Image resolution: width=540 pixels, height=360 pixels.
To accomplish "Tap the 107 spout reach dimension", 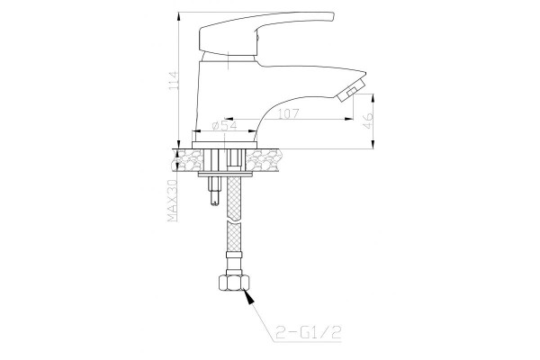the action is pos(288,113).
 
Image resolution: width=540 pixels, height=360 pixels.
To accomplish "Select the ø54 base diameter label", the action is pos(224,125).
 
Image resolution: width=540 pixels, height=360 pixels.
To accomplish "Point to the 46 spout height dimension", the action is pos(368,121).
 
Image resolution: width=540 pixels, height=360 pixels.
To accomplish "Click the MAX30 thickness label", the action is pos(172,202).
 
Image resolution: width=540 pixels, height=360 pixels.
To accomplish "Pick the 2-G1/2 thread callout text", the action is pos(308,333).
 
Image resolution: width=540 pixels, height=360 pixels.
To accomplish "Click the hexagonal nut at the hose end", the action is pos(234,283).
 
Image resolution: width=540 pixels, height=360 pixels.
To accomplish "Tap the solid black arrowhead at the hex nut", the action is pos(249,297).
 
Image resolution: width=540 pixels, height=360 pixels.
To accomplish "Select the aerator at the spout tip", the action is pos(351,89).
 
